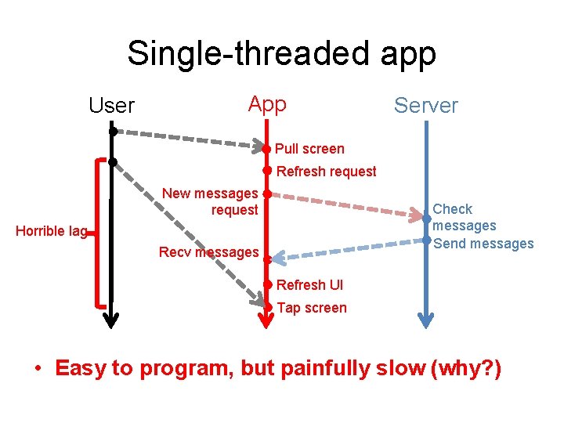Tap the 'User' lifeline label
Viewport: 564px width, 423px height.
click(112, 106)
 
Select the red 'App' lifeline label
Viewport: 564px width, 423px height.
click(267, 104)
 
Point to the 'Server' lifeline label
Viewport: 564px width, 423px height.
click(425, 106)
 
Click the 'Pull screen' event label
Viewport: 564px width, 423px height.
click(309, 149)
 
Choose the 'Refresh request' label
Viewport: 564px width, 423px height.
click(327, 172)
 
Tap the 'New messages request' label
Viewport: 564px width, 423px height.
click(210, 201)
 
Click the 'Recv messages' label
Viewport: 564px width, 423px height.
click(208, 252)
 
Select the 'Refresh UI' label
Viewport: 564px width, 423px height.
click(309, 285)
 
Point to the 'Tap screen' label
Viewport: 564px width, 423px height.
click(312, 308)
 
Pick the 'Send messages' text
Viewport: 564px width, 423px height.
click(483, 244)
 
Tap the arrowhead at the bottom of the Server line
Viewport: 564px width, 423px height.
click(425, 320)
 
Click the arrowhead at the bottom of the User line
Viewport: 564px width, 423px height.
click(112, 320)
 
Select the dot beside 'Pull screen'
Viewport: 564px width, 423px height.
click(267, 148)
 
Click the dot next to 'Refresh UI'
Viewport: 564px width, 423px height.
click(267, 284)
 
